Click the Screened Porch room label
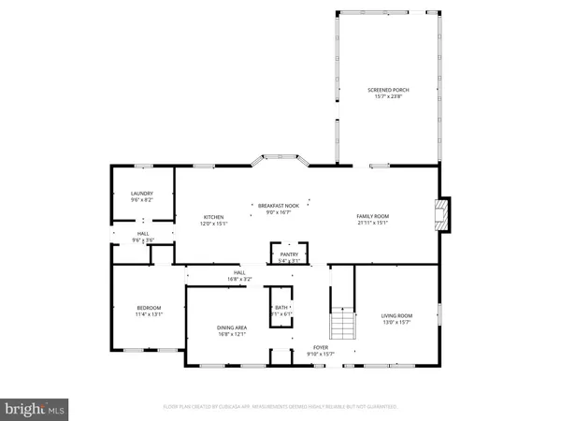click(x=388, y=90)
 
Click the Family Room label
click(x=371, y=216)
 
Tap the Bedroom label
click(x=149, y=308)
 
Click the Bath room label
click(x=280, y=308)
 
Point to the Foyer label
click(x=321, y=348)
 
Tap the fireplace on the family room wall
click(x=443, y=214)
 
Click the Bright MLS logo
click(x=35, y=407)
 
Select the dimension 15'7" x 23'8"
click(x=388, y=96)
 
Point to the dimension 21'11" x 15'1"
click(x=371, y=224)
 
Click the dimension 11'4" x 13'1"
click(x=149, y=315)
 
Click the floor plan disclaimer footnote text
click(x=280, y=407)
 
